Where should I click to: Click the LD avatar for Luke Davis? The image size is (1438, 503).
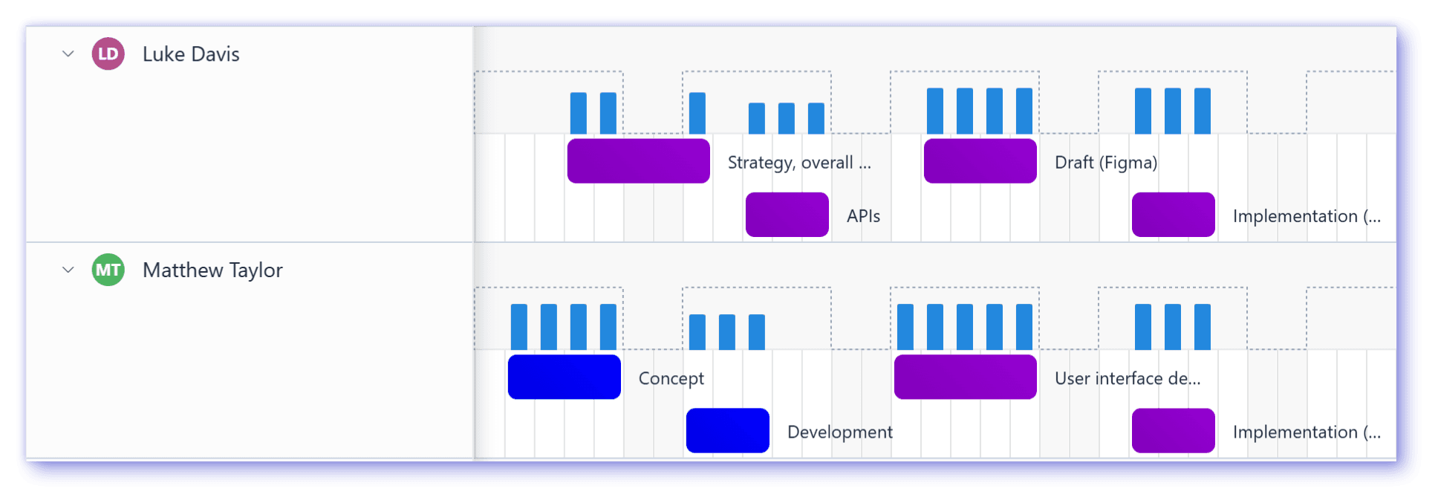coord(108,54)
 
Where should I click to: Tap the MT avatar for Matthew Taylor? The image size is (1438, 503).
coord(108,270)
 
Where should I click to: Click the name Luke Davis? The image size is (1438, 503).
coord(191,54)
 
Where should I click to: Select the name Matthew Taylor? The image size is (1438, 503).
coord(212,270)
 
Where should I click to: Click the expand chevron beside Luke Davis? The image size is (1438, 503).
coord(68,54)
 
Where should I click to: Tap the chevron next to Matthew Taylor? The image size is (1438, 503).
coord(68,270)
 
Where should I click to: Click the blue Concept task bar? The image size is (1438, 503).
coord(564,377)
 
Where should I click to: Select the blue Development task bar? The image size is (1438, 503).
coord(727,431)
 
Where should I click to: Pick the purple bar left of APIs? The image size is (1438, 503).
coord(787,215)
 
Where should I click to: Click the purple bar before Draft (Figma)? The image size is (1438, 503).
coord(980,161)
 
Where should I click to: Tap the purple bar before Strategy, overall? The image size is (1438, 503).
coord(638,161)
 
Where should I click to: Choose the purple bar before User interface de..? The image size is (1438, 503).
coord(965,377)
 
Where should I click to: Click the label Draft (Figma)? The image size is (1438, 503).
coord(1106,163)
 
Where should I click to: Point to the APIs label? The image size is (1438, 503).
coord(863,216)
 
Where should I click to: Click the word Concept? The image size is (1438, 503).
coord(671,379)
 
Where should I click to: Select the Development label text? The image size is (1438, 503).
coord(839,432)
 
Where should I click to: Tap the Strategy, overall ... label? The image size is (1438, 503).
coord(799,163)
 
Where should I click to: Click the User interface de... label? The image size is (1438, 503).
coord(1127,379)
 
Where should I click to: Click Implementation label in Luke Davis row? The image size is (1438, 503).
coord(1307,216)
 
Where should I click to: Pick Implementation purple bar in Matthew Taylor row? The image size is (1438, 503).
coord(1173,431)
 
